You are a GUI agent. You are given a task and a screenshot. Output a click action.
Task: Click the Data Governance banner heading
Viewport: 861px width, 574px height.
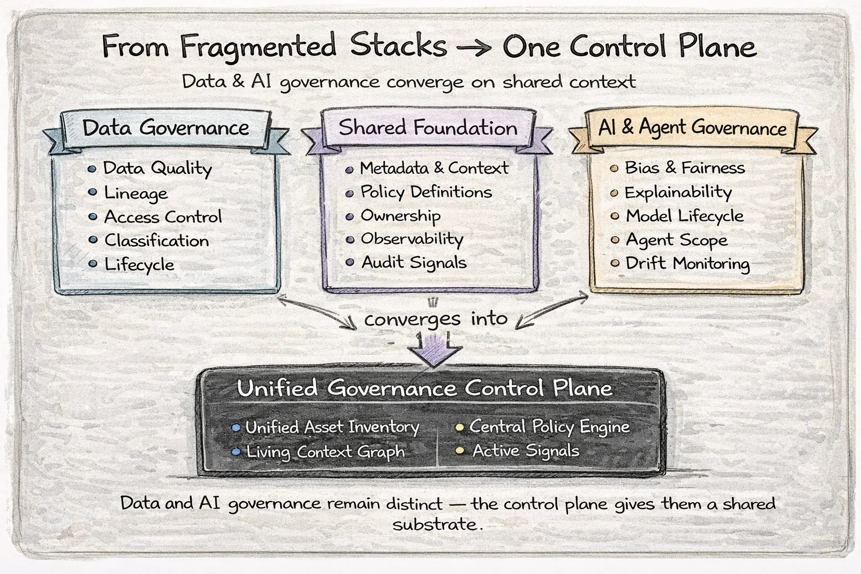pos(166,128)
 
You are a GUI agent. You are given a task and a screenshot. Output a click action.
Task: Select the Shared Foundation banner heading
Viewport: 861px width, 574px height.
pos(428,127)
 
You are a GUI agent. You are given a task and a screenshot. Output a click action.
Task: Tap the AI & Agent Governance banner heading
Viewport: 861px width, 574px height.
pos(692,127)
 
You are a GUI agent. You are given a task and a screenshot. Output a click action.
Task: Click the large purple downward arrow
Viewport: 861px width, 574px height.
pos(435,350)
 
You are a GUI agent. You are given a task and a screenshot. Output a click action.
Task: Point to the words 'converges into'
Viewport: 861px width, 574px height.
pos(436,319)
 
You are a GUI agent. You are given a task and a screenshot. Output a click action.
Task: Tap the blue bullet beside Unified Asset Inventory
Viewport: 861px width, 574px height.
pos(236,428)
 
